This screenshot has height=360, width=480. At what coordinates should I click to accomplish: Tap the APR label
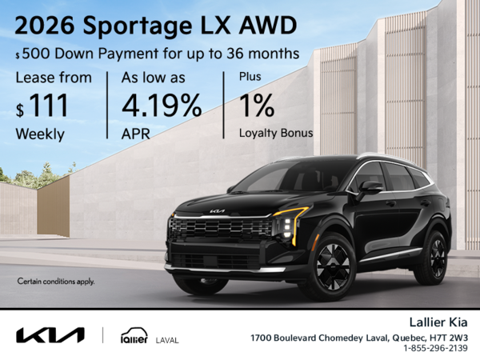tap(137, 134)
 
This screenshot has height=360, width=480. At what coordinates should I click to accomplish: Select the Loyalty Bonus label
tap(276, 134)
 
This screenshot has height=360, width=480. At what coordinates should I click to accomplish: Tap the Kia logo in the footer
tap(50, 334)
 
